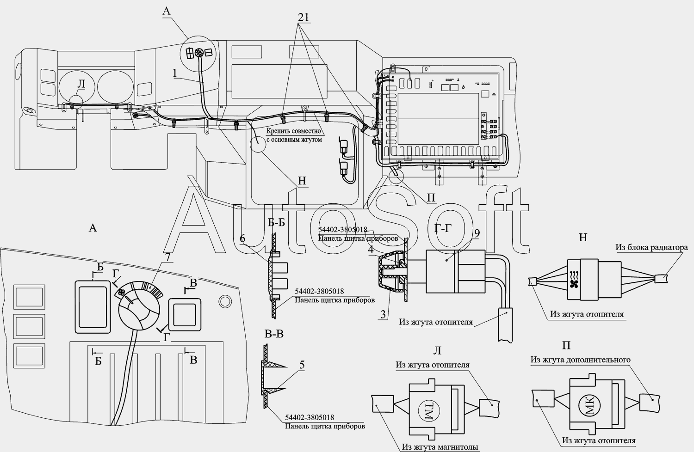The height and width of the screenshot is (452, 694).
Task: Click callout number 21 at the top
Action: [x=304, y=18]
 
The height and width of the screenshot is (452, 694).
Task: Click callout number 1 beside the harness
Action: [x=175, y=73]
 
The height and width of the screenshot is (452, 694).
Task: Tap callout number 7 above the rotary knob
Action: [x=167, y=257]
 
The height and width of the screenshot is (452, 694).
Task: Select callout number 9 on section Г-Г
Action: [x=477, y=233]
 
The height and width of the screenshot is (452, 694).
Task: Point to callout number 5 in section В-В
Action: [x=302, y=365]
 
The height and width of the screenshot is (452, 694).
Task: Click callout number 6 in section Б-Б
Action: [x=242, y=238]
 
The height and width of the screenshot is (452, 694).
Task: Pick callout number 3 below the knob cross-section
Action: [x=383, y=314]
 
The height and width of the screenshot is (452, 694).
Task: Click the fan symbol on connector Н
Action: [x=575, y=284]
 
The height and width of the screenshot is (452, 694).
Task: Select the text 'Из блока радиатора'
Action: [x=652, y=247]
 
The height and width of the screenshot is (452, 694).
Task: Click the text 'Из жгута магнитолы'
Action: [x=440, y=447]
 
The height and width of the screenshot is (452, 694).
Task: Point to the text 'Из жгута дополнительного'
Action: [x=581, y=360]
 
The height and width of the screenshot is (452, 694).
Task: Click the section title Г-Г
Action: [x=443, y=228]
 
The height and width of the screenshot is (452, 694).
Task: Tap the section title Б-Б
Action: [x=277, y=222]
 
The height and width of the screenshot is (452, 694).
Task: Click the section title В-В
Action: [x=274, y=334]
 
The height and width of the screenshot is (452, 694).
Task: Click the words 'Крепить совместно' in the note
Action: [x=294, y=131]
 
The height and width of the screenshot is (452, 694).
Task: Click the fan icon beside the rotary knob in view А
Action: [x=121, y=292]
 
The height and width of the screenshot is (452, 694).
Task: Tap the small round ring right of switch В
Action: [x=224, y=300]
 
